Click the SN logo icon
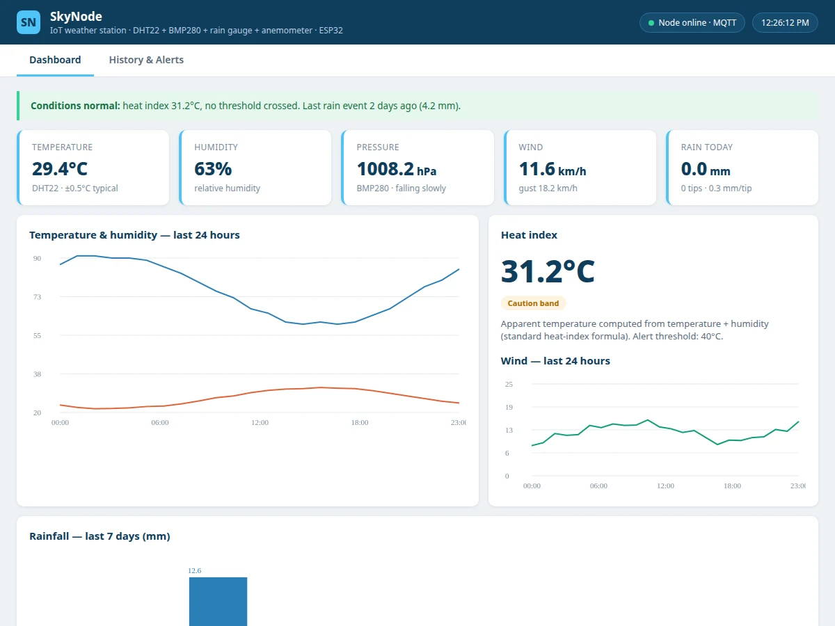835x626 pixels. [x=29, y=22]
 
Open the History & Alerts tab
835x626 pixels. [x=146, y=60]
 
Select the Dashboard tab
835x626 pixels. [x=55, y=60]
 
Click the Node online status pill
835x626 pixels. [x=692, y=23]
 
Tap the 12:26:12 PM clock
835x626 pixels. [x=785, y=23]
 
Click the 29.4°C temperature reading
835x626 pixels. [x=60, y=169]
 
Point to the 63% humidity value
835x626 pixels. [x=213, y=169]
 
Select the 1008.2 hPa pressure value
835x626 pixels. [x=397, y=169]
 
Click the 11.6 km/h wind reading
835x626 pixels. [x=552, y=169]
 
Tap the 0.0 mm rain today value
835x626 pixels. [x=706, y=169]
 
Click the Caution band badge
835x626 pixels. [x=533, y=303]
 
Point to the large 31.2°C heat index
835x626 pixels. [x=548, y=271]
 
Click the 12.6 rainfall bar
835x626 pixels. [x=218, y=602]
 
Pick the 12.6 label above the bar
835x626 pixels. [x=194, y=570]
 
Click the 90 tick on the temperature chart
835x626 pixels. [x=37, y=259]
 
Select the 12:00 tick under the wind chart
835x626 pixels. [x=665, y=485]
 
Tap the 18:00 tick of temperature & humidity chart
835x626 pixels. [x=360, y=423]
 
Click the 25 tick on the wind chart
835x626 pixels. [x=509, y=384]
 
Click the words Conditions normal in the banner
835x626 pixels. [x=75, y=106]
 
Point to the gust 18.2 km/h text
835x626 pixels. [x=548, y=188]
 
